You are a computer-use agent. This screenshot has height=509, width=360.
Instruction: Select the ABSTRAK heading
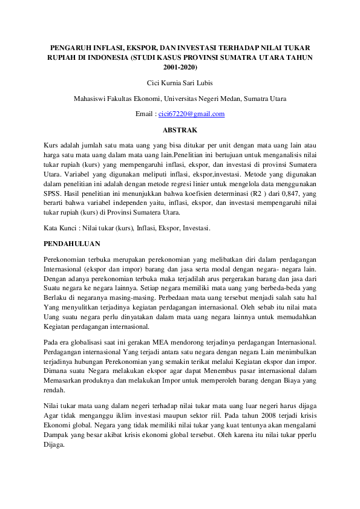click(180, 129)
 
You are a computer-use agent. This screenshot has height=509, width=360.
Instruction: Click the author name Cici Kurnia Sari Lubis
click(180, 83)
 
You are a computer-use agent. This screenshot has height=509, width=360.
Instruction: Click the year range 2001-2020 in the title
click(180, 66)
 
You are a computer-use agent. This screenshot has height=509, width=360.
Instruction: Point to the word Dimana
click(57, 372)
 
